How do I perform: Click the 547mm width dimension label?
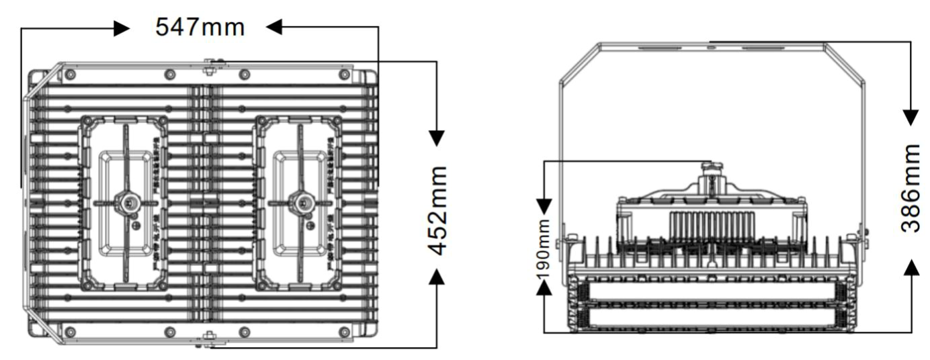point(200,28)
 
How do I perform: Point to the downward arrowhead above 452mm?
point(437,137)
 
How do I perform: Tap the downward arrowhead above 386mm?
point(911,117)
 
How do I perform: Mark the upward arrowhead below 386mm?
point(911,267)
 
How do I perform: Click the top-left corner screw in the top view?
point(71,73)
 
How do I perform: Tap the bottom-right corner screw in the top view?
point(345,331)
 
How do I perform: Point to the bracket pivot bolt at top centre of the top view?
point(210,64)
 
